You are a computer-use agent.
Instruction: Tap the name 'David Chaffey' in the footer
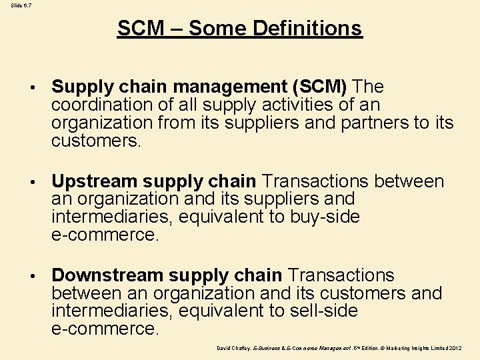[232, 348]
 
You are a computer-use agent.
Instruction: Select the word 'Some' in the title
[217, 28]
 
